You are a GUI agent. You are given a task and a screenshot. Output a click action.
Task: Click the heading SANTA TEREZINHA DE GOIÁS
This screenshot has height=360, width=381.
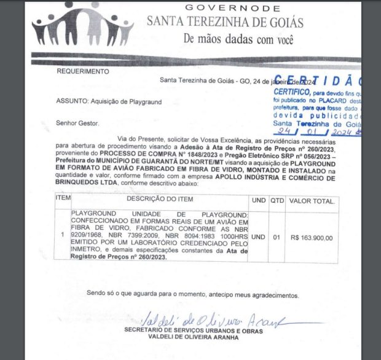point(225,22)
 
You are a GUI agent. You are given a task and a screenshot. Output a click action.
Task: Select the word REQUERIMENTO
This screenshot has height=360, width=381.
point(83,71)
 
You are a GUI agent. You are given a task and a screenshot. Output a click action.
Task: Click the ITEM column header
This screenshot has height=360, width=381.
point(63,200)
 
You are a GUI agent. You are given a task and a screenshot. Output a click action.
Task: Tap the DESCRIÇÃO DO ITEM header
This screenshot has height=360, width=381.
point(160,200)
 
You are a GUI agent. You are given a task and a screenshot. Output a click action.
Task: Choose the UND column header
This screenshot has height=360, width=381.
point(259,201)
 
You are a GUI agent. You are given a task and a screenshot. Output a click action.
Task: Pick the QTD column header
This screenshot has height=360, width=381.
point(278,201)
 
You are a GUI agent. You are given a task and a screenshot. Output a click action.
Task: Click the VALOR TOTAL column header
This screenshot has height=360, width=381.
point(312,201)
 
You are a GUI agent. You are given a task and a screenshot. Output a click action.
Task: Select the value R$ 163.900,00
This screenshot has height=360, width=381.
point(312,238)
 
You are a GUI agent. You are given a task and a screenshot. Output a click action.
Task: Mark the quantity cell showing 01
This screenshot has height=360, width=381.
point(278,238)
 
